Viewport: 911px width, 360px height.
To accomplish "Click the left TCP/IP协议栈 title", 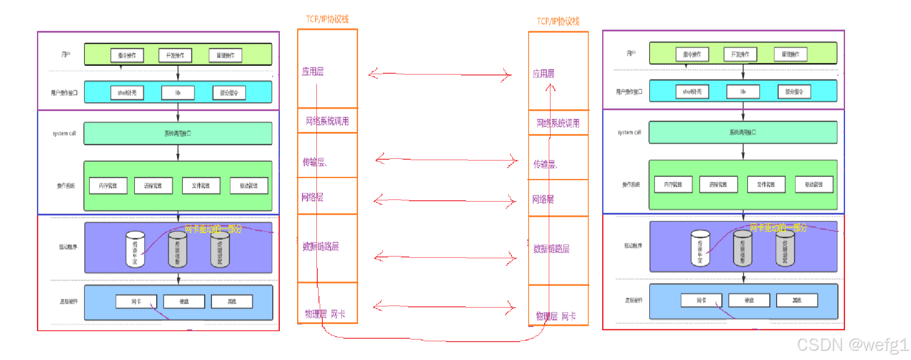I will (327, 19).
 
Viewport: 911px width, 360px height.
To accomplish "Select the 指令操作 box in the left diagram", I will (127, 55).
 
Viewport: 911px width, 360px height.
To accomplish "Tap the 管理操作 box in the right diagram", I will (790, 54).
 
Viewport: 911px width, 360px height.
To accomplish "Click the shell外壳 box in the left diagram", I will (127, 93).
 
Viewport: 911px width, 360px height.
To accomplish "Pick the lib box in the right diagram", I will (743, 92).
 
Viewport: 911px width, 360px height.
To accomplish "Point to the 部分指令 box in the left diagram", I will (229, 93).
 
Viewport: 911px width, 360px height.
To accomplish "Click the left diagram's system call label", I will (64, 134).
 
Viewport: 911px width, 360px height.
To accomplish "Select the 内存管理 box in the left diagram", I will (108, 186).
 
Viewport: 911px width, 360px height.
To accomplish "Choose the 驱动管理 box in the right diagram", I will (814, 184).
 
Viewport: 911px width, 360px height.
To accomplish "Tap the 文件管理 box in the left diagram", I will (201, 186).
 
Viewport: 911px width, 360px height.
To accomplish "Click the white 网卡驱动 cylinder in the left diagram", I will (135, 250).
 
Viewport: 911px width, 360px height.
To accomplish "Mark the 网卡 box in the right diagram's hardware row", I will (701, 300).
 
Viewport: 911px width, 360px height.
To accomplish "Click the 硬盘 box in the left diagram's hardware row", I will (184, 302).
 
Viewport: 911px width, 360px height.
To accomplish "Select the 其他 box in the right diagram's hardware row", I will (797, 300).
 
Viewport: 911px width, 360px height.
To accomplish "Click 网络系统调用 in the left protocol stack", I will (327, 121).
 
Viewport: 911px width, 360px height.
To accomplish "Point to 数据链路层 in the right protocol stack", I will (551, 249).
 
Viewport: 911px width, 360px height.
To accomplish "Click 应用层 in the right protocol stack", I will (543, 74).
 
